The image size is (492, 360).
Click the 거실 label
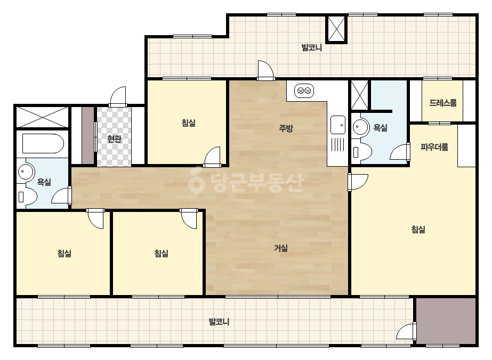(281, 248)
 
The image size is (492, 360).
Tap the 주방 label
(286, 128)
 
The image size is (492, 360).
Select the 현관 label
(114, 138)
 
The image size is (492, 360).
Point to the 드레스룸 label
(443, 103)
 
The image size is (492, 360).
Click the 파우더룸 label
(434, 147)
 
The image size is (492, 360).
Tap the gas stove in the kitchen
(304, 91)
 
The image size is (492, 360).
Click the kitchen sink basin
(338, 125)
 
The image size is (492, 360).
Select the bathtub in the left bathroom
(43, 144)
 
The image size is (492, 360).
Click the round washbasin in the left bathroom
(25, 171)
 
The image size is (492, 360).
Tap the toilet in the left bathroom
(27, 197)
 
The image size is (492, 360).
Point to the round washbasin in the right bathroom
(360, 127)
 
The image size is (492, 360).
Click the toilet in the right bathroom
(362, 152)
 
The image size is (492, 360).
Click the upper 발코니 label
(312, 48)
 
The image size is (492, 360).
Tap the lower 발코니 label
(219, 322)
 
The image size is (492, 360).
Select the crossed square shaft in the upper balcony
(336, 29)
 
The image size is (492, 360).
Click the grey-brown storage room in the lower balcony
(446, 321)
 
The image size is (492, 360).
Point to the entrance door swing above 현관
(118, 96)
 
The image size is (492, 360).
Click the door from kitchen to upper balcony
(265, 70)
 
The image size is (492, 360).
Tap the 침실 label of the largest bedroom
(418, 230)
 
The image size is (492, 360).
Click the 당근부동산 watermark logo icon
(196, 181)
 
